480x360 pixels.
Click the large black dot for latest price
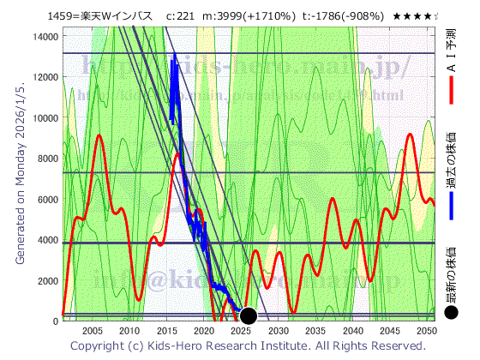pos(249,315)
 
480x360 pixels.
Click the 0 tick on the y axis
pos(54,321)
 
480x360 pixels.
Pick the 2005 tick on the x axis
pos(92,331)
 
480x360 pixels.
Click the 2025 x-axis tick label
pos(241,331)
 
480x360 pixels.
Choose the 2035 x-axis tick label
pos(315,331)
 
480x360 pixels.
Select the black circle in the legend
pos(452,313)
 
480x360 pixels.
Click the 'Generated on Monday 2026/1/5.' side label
pos(21,180)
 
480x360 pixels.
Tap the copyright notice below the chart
pos(247,345)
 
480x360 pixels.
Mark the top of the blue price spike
pos(174,53)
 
